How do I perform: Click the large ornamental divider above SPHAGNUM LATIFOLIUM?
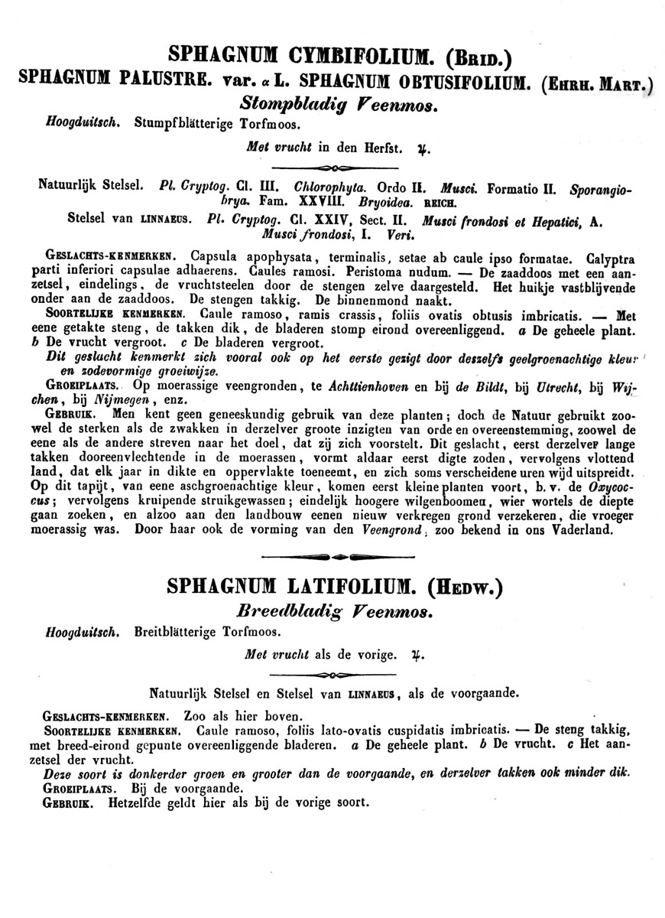(332, 558)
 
